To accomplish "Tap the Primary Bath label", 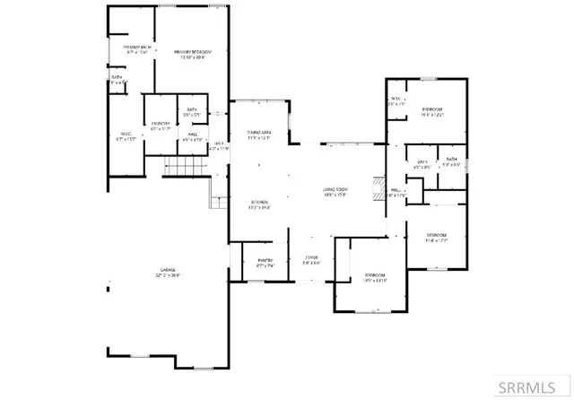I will [x=122, y=46].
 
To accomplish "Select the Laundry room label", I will [x=161, y=124].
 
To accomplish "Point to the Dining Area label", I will [x=260, y=132].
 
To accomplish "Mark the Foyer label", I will [x=311, y=261].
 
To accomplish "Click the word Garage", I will [x=166, y=269].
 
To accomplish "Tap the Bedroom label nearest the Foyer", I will [x=375, y=274].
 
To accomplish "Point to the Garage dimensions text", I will [x=166, y=275].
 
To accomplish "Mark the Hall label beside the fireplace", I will [x=397, y=190].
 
